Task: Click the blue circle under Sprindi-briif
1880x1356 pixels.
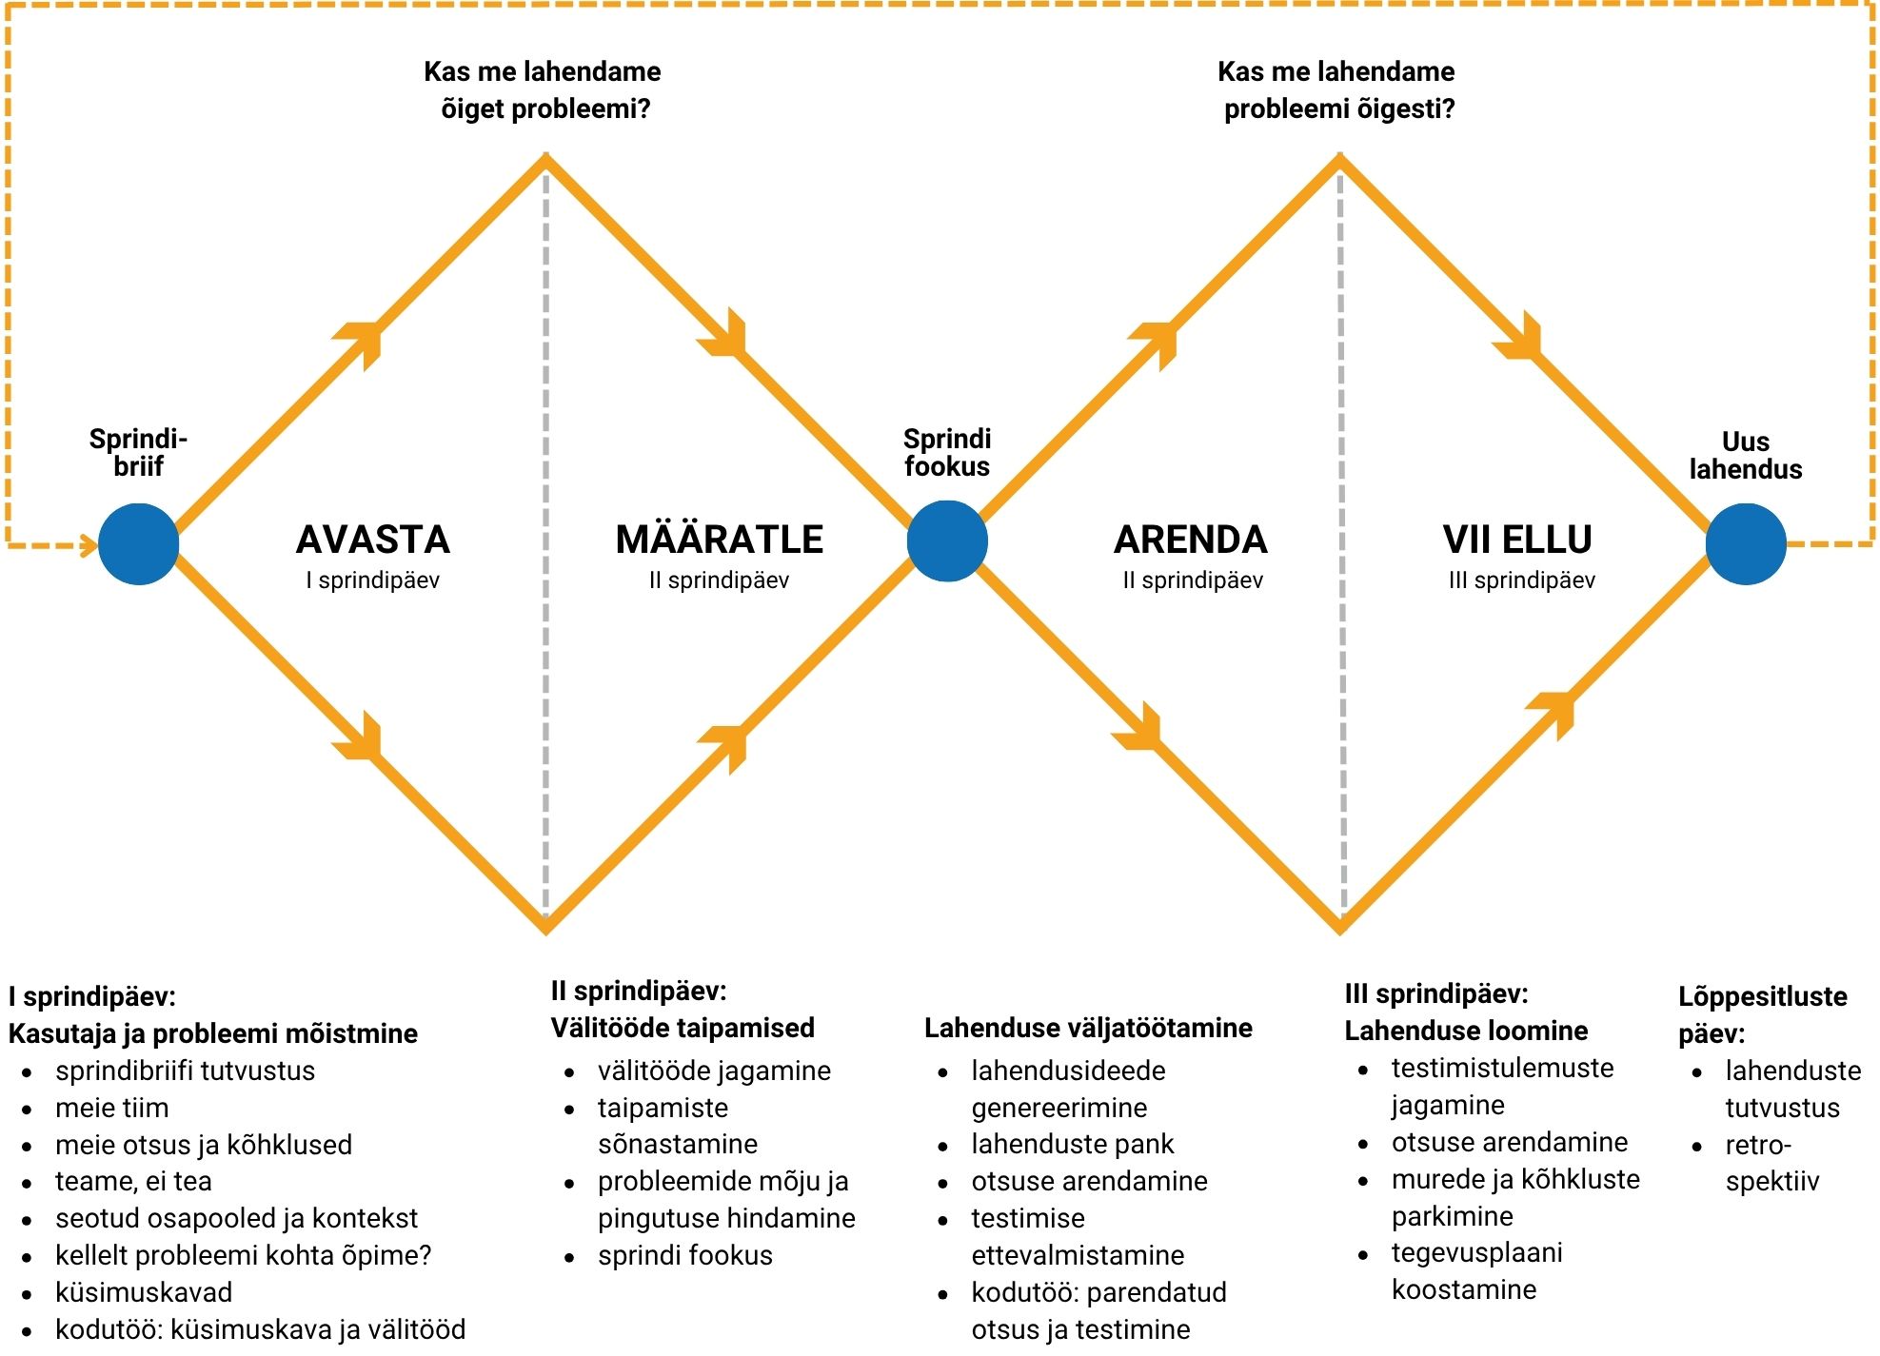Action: click(139, 543)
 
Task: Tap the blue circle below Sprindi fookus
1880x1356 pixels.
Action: click(947, 541)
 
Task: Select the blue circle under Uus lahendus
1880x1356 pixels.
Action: click(1745, 543)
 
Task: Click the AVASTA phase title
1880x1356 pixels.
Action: click(373, 540)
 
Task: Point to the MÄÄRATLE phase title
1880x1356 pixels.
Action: click(720, 539)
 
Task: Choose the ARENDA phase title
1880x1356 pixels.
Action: click(1191, 540)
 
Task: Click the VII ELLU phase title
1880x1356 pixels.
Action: click(1517, 540)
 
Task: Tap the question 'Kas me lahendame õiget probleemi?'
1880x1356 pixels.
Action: click(543, 89)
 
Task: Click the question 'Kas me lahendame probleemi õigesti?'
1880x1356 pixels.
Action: click(1337, 89)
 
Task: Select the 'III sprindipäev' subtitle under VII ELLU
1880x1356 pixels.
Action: click(1521, 580)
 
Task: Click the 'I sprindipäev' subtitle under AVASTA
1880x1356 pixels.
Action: click(373, 580)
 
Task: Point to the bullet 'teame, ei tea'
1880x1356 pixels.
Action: click(133, 1181)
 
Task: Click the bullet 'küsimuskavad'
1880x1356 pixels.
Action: click(144, 1292)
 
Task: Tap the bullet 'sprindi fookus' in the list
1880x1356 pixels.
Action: click(685, 1255)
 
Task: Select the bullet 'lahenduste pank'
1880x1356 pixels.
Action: click(1073, 1144)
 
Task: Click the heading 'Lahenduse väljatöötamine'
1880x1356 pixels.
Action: click(1088, 1028)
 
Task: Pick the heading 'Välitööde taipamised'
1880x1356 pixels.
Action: click(683, 1028)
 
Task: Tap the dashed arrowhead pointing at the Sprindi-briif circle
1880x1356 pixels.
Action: click(89, 545)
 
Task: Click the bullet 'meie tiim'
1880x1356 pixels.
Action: click(112, 1108)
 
